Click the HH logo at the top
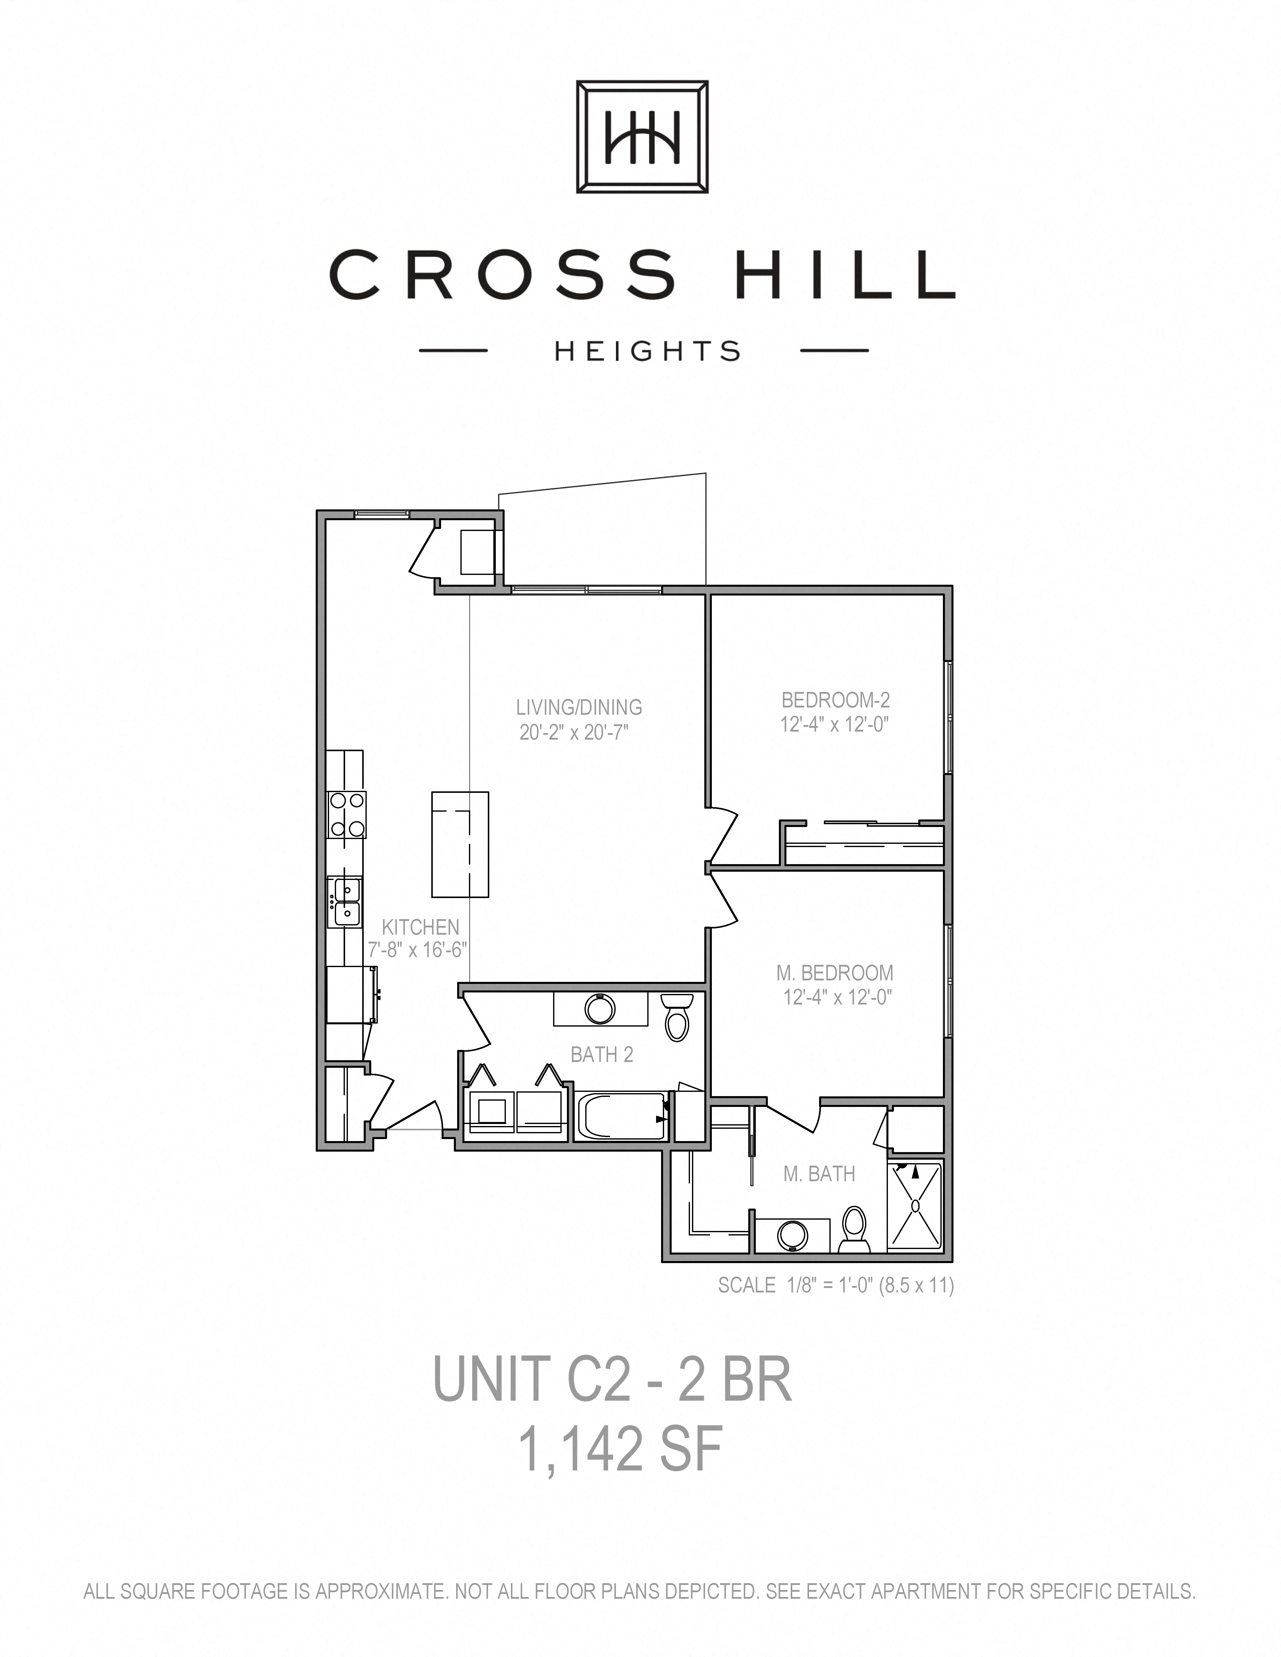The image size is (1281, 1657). click(x=642, y=137)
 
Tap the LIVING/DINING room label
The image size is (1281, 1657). click(x=579, y=707)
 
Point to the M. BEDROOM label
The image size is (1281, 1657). click(x=835, y=973)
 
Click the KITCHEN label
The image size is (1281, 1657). click(x=420, y=927)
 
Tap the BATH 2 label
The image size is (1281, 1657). click(x=602, y=1055)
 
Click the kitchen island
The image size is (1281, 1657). click(x=460, y=844)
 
